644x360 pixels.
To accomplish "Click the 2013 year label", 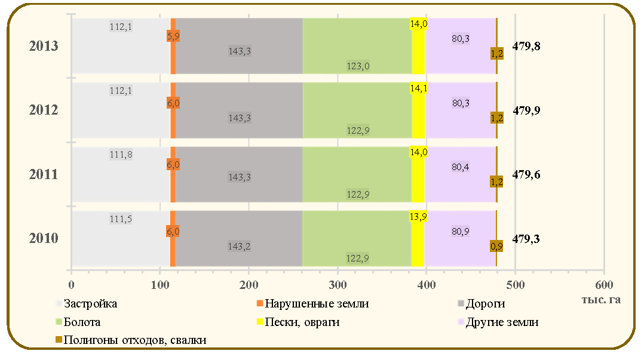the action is coord(44,46).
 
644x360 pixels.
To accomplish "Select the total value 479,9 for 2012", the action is coord(526,110).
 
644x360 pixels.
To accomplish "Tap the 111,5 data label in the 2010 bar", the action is coord(121,219).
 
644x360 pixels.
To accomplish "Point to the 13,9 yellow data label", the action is coord(418,216).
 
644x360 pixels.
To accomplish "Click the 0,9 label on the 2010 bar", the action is coord(496,247).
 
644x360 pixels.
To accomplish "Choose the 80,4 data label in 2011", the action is coord(461,167).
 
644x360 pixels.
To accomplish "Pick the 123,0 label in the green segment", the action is coord(358,66).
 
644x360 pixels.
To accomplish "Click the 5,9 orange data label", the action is coord(173,36).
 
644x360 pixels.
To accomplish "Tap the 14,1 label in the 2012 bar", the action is coord(419,88).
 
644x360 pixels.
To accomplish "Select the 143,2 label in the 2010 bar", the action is coord(240,247).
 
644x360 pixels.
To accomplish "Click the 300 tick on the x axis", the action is coord(338,285).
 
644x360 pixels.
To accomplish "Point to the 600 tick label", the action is coord(604,285).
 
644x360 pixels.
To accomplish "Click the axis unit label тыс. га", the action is coord(601,300).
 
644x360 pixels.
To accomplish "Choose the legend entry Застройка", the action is coord(86,304).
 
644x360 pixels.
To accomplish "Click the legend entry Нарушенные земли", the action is coord(312,304).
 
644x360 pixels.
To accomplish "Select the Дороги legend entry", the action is coord(482,304).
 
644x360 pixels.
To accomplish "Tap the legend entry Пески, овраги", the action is coord(298,322).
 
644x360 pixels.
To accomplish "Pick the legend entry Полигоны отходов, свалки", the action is coord(131,340).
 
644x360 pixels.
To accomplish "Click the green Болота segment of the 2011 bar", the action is coord(357,174).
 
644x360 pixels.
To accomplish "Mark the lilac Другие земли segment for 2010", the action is coord(460,238).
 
